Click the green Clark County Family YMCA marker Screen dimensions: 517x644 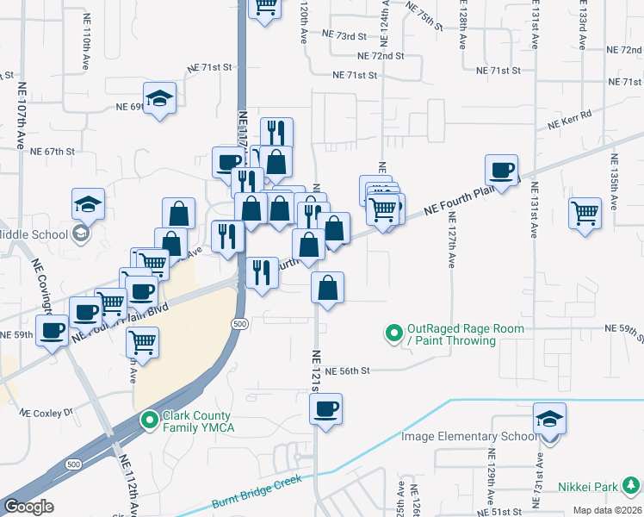point(148,420)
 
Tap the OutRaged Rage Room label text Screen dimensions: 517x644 point(453,334)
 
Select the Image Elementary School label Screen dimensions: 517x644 point(468,437)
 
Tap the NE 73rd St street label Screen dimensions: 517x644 point(344,35)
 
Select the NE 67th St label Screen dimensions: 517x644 point(53,151)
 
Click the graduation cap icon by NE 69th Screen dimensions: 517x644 point(160,98)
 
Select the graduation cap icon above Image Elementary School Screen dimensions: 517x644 point(549,419)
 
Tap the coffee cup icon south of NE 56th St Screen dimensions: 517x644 point(325,410)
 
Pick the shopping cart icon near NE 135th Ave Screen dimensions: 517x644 point(585,211)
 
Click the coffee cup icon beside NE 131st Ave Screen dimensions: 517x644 point(501,170)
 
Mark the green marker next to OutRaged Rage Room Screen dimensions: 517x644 point(394,332)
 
